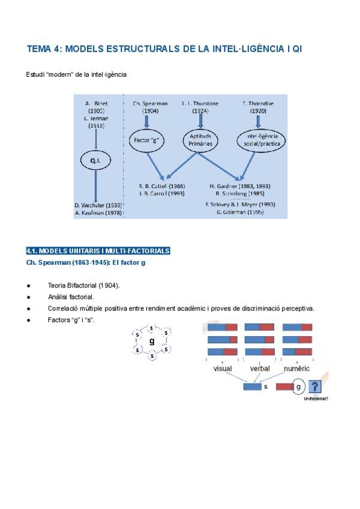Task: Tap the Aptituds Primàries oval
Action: pyautogui.click(x=200, y=140)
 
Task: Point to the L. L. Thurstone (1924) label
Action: pyautogui.click(x=200, y=107)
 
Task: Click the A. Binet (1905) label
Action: pyautogui.click(x=96, y=107)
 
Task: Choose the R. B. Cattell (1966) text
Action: pyautogui.click(x=161, y=187)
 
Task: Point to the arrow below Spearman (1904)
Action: pyautogui.click(x=146, y=122)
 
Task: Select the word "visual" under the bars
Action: pyautogui.click(x=223, y=369)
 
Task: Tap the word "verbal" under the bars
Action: pyautogui.click(x=260, y=369)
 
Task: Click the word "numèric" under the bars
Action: pyautogui.click(x=297, y=369)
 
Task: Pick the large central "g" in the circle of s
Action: pyautogui.click(x=152, y=341)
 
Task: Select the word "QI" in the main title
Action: pyautogui.click(x=295, y=47)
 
